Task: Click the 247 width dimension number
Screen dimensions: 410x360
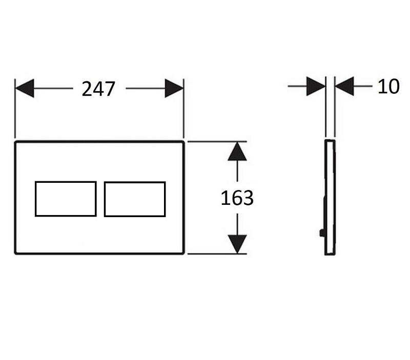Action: (99, 89)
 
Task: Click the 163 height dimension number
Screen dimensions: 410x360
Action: (237, 198)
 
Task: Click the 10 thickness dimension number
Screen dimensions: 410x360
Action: (388, 87)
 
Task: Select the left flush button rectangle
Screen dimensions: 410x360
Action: (66, 198)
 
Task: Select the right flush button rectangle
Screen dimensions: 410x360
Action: (135, 199)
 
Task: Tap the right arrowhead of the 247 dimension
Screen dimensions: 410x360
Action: (174, 89)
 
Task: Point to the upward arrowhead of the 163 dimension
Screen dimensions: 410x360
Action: (236, 151)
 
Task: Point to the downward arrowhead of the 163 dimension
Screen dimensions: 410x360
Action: (236, 244)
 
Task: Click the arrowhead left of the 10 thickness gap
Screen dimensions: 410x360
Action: (316, 87)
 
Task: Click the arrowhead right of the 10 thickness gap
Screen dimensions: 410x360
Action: (344, 87)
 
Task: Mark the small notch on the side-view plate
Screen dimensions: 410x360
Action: (321, 234)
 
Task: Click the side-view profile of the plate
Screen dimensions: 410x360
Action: (330, 197)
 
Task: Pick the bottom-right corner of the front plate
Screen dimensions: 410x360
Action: (183, 253)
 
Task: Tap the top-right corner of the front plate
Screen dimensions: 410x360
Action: (183, 141)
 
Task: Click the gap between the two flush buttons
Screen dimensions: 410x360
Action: (100, 199)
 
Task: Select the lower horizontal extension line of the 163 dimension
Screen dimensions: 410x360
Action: (215, 253)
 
